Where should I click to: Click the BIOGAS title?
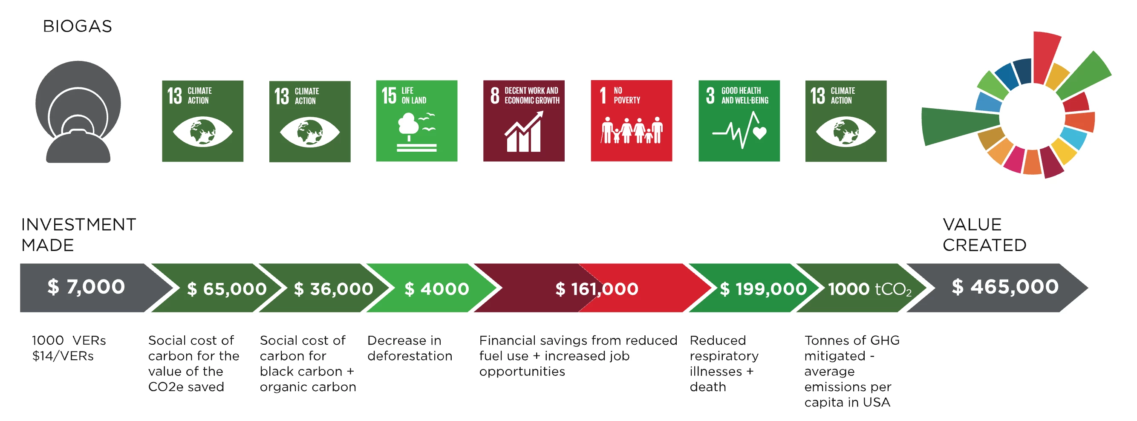click(77, 26)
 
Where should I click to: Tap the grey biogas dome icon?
click(78, 112)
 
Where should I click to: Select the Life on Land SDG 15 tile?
click(417, 121)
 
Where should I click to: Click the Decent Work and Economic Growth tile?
click(524, 121)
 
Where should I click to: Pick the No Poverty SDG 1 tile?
click(632, 121)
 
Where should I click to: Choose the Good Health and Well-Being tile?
click(739, 121)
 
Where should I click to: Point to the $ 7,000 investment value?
click(86, 287)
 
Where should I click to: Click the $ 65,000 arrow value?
click(227, 289)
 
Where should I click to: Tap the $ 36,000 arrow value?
click(334, 289)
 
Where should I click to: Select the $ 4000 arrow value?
click(436, 289)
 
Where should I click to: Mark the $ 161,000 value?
click(597, 289)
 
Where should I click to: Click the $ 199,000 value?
click(764, 289)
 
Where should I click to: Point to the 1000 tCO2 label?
click(869, 289)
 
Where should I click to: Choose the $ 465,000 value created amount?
click(1005, 287)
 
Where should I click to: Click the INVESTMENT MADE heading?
click(78, 235)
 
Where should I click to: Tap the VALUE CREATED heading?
click(985, 235)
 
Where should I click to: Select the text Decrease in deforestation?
click(410, 348)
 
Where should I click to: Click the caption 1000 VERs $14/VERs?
click(69, 348)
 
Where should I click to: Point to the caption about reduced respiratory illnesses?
click(724, 363)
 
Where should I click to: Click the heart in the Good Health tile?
click(759, 133)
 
